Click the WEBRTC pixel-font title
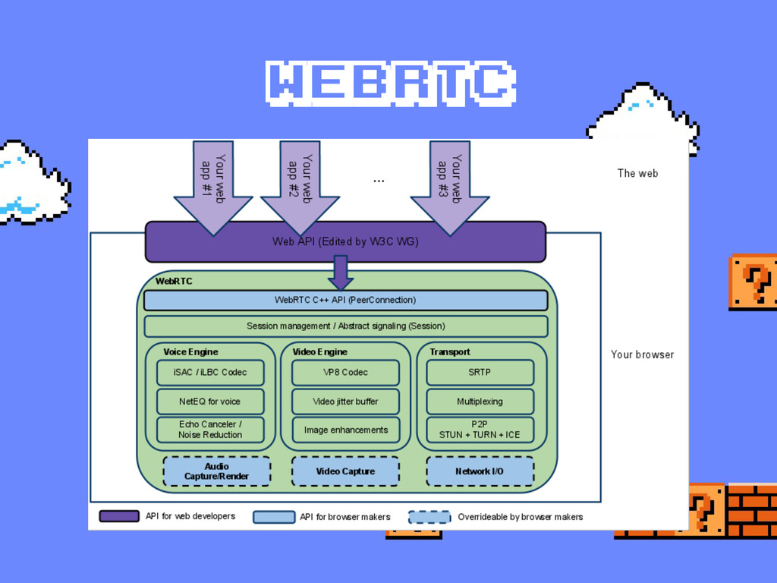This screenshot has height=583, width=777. click(389, 83)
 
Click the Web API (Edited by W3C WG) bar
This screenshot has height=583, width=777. click(345, 241)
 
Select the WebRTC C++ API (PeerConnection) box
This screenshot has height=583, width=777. click(345, 300)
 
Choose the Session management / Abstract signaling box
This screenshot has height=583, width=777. click(345, 326)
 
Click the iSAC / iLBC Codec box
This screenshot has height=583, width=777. click(210, 373)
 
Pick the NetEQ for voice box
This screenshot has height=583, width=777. click(210, 402)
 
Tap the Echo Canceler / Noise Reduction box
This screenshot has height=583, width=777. click(210, 430)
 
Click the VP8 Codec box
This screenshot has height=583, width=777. click(345, 373)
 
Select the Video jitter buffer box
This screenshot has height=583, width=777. click(345, 402)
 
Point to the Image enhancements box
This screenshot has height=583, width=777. click(345, 430)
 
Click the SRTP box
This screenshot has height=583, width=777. click(480, 373)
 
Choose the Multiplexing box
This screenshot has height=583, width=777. click(480, 402)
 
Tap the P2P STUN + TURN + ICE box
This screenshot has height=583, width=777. click(480, 430)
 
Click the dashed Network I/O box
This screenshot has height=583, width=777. click(480, 471)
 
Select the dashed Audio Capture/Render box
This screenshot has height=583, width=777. click(216, 471)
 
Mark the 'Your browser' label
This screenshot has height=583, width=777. click(642, 355)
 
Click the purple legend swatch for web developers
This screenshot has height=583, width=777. click(119, 516)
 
